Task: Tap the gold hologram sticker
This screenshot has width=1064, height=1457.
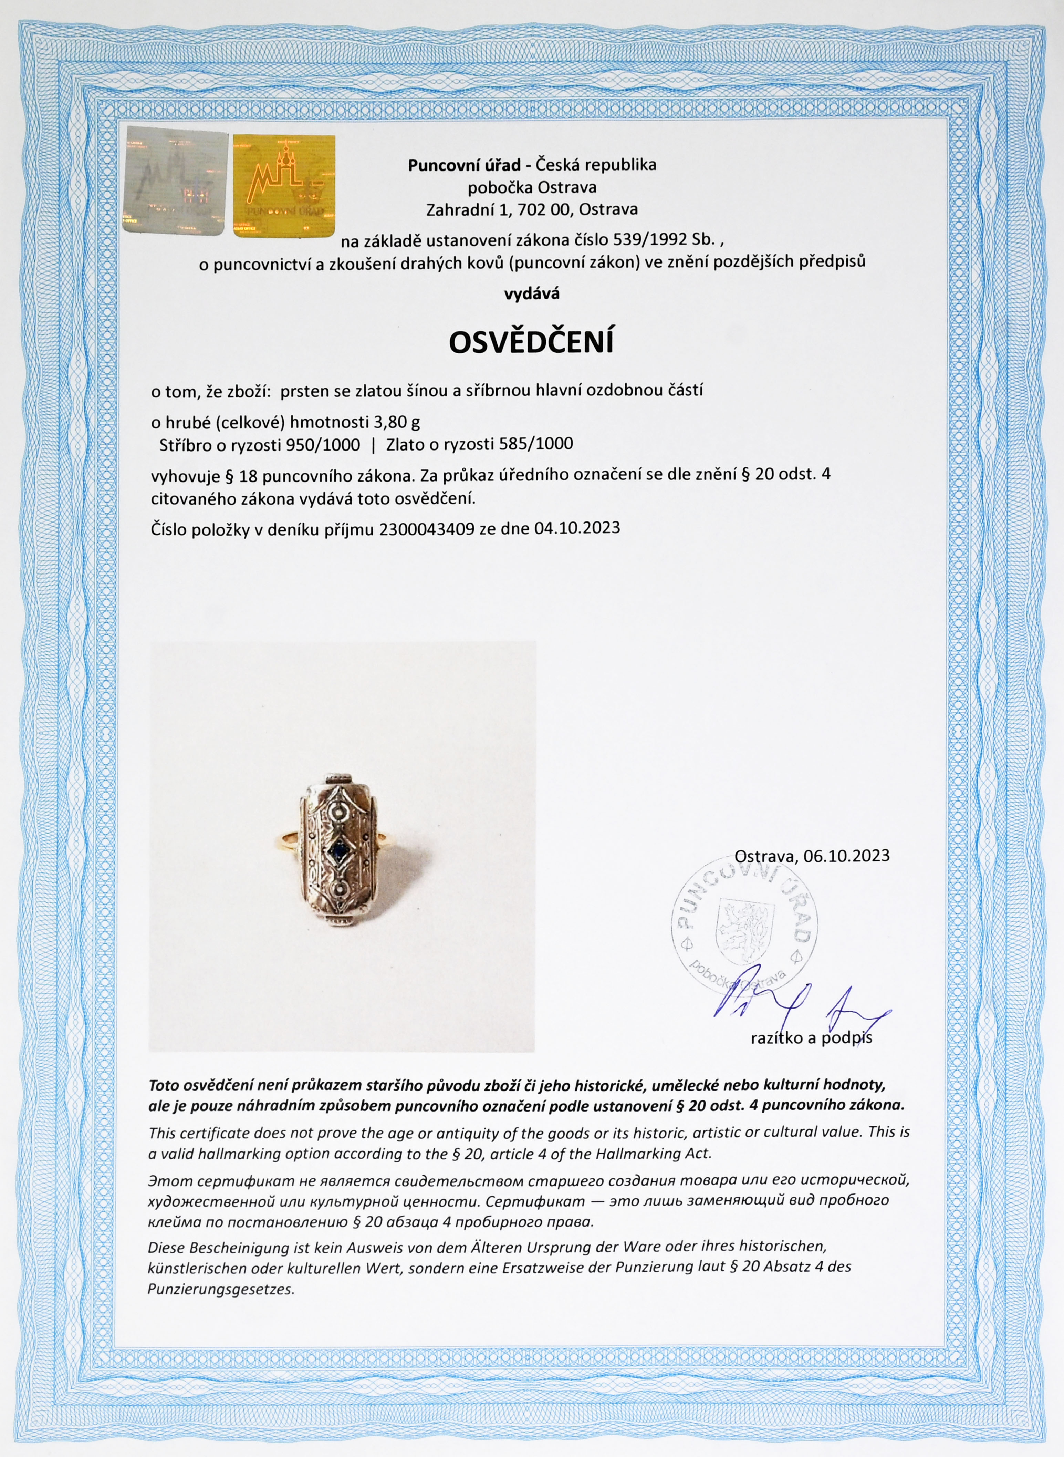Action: pos(284,186)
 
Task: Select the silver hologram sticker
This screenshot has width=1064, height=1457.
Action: pos(175,181)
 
